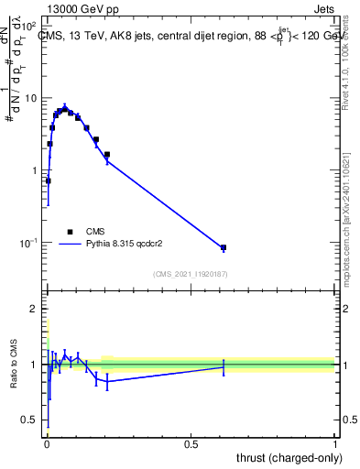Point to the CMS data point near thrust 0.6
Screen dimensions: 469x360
click(x=224, y=248)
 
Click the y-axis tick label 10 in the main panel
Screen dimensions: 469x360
click(x=31, y=98)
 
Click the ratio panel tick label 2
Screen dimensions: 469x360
click(x=36, y=310)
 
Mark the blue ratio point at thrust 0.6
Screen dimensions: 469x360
click(x=224, y=367)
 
